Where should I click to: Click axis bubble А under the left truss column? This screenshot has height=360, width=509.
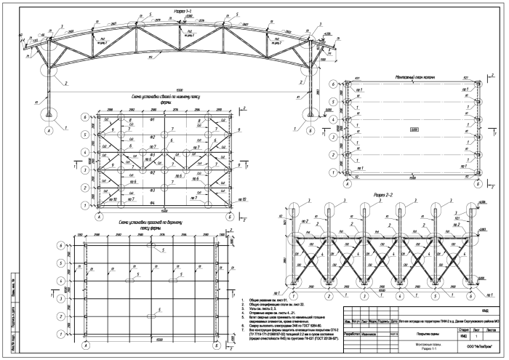48,130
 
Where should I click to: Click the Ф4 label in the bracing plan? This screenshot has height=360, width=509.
151,199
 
